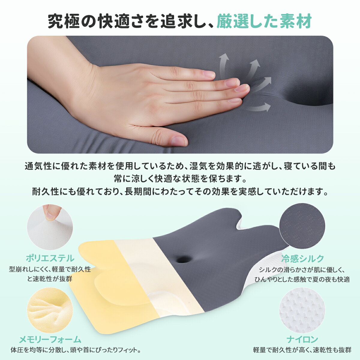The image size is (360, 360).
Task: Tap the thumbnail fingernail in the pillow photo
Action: (x=178, y=141)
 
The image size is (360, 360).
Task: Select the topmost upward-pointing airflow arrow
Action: (x=223, y=64)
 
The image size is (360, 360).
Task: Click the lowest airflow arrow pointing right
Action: (x=259, y=108)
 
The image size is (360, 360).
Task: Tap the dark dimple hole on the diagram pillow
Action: (x=184, y=259)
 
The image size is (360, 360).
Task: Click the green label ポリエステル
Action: (x=50, y=258)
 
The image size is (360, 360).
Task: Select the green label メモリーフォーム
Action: (x=50, y=340)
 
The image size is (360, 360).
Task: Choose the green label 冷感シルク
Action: (x=303, y=258)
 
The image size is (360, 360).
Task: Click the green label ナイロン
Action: (x=302, y=339)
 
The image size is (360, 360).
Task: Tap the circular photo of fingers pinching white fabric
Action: (x=50, y=227)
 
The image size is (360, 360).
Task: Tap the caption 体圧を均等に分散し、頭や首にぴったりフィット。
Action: (x=76, y=350)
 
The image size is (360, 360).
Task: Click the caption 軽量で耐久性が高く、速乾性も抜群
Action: (x=302, y=350)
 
